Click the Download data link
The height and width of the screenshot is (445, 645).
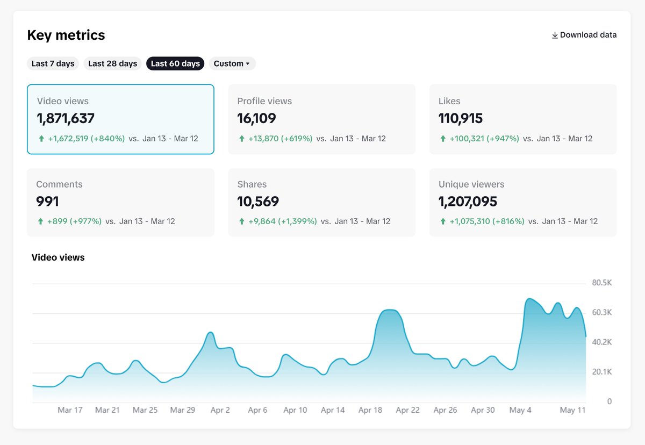pyautogui.click(x=584, y=35)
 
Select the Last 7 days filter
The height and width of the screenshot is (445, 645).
pyautogui.click(x=53, y=63)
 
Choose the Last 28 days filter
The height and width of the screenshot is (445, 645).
pyautogui.click(x=112, y=63)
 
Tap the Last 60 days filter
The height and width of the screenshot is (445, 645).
pyautogui.click(x=175, y=63)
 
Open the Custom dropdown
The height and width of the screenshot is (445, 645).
pyautogui.click(x=232, y=63)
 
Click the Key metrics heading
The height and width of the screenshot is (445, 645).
pyautogui.click(x=66, y=35)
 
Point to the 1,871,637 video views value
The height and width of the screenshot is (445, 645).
pyautogui.click(x=66, y=118)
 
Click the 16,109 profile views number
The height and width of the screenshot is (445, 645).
pyautogui.click(x=256, y=118)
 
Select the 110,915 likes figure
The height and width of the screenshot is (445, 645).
pyautogui.click(x=461, y=118)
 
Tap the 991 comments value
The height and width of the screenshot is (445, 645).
pyautogui.click(x=47, y=202)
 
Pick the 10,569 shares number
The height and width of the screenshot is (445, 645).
pyautogui.click(x=258, y=202)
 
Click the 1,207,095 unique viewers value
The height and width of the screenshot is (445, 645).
pyautogui.click(x=468, y=202)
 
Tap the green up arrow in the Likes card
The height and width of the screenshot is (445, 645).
pyautogui.click(x=443, y=139)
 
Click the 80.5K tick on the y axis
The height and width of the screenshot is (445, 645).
pyautogui.click(x=601, y=283)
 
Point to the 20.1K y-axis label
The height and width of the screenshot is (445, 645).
pyautogui.click(x=601, y=372)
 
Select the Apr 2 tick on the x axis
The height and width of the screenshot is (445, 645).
pyautogui.click(x=220, y=410)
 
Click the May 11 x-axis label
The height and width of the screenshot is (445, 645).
pyautogui.click(x=572, y=410)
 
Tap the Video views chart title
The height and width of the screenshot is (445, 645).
pyautogui.click(x=58, y=257)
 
